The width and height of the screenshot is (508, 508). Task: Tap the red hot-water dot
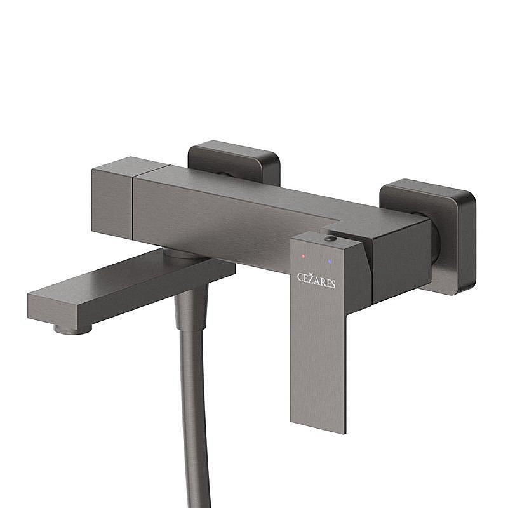point(303,256)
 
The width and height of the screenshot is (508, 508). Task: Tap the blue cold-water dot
point(330,261)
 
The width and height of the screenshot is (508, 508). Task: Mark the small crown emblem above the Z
point(311,274)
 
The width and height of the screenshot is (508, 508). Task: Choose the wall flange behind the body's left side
point(235,159)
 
